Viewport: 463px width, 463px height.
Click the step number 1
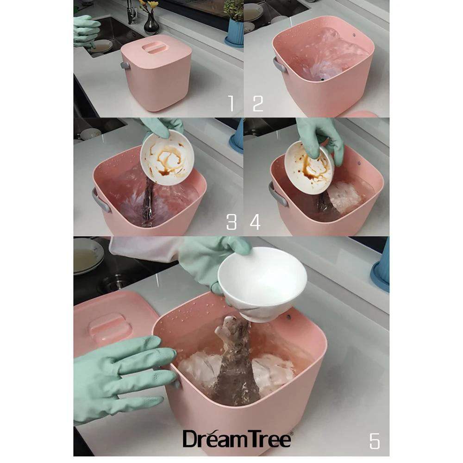pos(231,104)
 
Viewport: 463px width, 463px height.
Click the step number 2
pos(258,104)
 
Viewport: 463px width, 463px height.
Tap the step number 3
pos(231,222)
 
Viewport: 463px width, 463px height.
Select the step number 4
pos(255,222)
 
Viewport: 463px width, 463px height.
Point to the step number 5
pos(375,441)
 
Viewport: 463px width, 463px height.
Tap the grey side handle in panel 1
pos(125,66)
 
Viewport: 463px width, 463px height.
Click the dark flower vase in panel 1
pos(151,24)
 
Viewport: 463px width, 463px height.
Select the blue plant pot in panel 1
pos(235,32)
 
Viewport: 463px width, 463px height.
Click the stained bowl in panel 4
pos(309,168)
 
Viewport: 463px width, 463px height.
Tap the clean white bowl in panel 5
pos(262,284)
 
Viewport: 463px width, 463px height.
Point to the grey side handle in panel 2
pos(280,65)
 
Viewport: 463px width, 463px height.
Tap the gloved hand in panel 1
pos(86,31)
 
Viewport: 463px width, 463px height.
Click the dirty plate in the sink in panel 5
pos(88,256)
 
